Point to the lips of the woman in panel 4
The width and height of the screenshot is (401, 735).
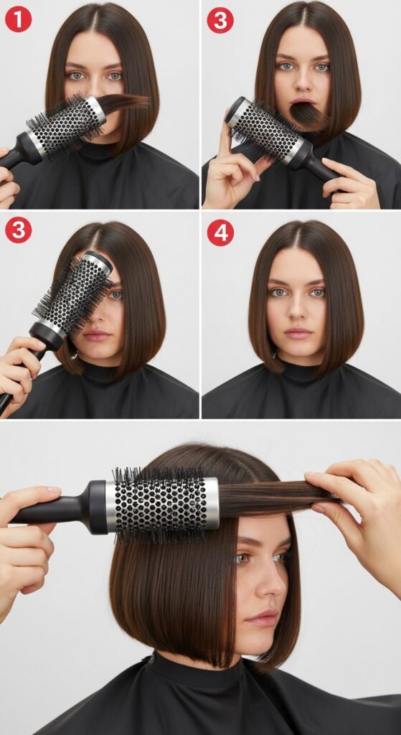298,333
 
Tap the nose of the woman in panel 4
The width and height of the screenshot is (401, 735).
298,310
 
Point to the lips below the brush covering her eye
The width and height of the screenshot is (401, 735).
97,335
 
